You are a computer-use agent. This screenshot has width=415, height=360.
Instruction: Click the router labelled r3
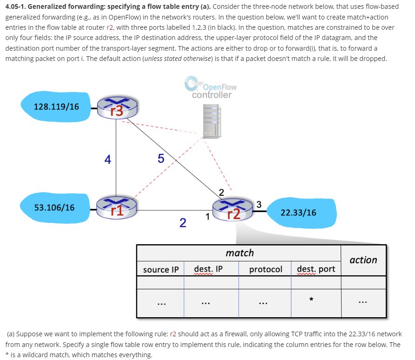(117, 109)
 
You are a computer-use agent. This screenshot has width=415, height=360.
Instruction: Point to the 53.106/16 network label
(54, 207)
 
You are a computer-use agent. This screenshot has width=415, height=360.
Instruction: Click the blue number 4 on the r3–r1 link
(107, 160)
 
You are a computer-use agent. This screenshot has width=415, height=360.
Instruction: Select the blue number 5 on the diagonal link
(161, 159)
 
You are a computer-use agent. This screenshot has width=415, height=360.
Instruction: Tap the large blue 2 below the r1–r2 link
(183, 224)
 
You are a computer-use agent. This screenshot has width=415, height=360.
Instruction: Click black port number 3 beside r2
(259, 204)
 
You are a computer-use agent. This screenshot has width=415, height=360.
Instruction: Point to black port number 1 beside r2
(208, 216)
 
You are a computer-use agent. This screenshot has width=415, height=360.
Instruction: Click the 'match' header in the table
(239, 253)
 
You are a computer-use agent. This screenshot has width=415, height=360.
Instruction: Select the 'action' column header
(363, 260)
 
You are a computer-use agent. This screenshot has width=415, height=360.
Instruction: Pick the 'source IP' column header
(161, 269)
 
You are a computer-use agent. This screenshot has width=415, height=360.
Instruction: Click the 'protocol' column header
(265, 269)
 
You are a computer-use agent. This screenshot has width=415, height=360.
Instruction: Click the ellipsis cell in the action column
(363, 303)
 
